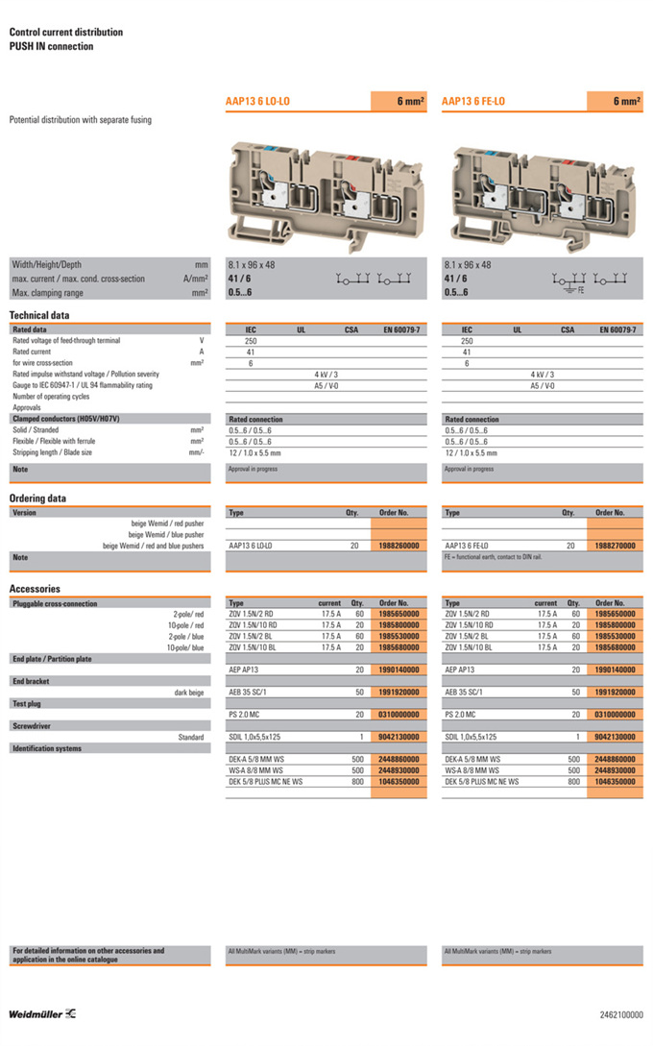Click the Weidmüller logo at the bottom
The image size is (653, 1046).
(43, 1014)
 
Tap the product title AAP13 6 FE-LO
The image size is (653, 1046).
(473, 101)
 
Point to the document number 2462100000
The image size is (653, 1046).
(622, 1014)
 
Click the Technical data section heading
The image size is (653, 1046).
(39, 315)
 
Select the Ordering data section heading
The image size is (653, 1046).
(38, 499)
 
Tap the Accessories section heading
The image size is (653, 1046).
(35, 589)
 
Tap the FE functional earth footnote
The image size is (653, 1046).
(493, 557)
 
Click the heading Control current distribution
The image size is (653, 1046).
(65, 32)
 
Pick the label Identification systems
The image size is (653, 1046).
(46, 748)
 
